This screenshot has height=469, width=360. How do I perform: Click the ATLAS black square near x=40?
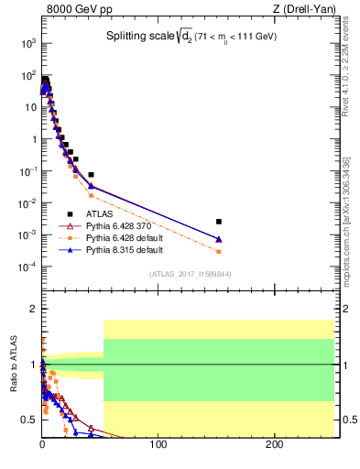coord(91,174)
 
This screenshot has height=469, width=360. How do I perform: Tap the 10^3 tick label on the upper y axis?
coord(27,43)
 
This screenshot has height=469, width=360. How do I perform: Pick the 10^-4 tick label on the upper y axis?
coord(27,267)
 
